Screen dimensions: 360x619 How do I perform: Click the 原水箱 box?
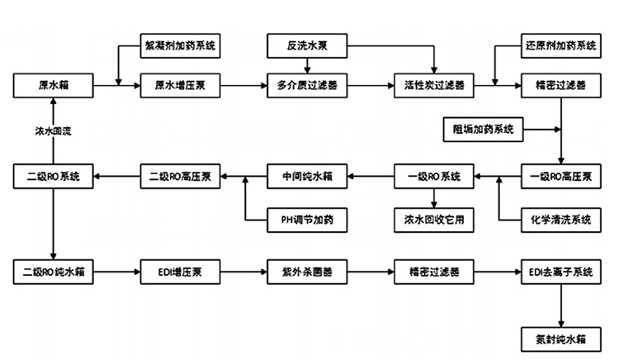[52, 85]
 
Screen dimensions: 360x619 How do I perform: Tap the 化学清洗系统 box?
[561, 220]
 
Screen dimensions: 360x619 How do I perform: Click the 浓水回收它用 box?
[434, 220]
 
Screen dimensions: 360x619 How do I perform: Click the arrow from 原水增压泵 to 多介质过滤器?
[243, 85]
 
